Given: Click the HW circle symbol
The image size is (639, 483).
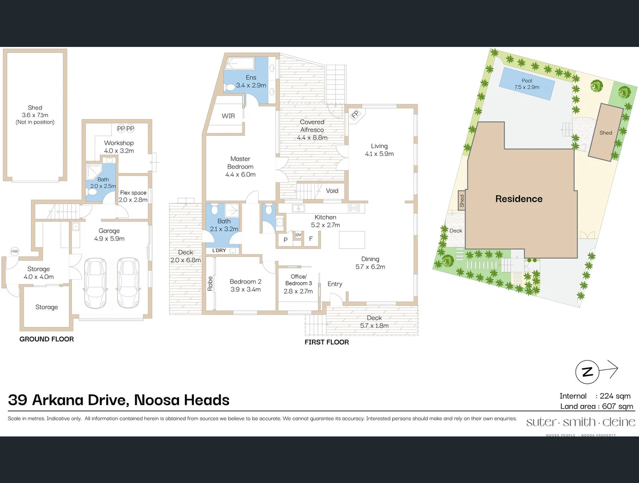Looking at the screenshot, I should tap(15, 251).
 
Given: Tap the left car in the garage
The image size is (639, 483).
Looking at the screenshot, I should tap(96, 277).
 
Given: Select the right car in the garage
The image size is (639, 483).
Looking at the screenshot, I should tap(128, 277).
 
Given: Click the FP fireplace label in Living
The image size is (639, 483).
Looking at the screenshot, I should tap(355, 114).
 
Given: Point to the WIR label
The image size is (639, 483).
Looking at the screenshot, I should tap(228, 116).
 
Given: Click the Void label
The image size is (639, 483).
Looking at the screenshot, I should tap(332, 191).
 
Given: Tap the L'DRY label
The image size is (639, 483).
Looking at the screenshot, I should tap(219, 250).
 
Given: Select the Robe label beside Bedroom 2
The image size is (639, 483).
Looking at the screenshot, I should tap(210, 283).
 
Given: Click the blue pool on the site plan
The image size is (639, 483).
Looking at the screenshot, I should tap(527, 84).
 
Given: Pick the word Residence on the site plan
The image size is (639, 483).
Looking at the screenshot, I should tap(519, 199).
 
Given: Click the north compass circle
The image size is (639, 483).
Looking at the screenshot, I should tap(587, 372).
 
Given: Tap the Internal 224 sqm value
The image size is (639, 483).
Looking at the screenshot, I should tap(615, 396).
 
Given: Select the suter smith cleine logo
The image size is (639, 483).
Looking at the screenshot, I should tap(581, 422).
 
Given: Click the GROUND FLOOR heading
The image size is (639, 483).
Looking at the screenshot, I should tap(46, 339).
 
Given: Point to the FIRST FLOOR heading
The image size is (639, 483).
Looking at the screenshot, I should tap(326, 342).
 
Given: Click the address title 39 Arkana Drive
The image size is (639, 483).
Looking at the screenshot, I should tap(119, 400).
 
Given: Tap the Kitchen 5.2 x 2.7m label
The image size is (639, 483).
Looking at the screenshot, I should tap(325, 221).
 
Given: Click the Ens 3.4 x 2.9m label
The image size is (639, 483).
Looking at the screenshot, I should tap(251, 81).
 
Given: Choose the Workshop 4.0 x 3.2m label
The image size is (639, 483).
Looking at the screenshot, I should tap(119, 147).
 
